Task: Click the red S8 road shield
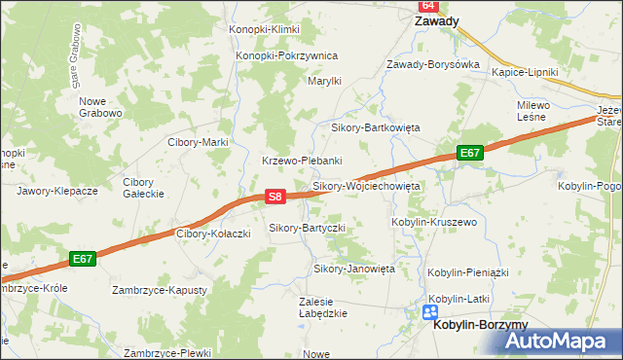pyautogui.click(x=275, y=197)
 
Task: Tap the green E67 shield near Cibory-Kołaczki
pyautogui.click(x=83, y=259)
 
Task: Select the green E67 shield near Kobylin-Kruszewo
pyautogui.click(x=470, y=153)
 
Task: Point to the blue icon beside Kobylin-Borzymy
pyautogui.click(x=430, y=312)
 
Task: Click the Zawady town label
pyautogui.click(x=437, y=20)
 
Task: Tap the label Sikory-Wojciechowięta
pyautogui.click(x=365, y=185)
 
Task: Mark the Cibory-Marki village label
pyautogui.click(x=198, y=142)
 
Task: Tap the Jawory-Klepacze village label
pyautogui.click(x=57, y=191)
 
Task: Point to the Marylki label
pyautogui.click(x=324, y=81)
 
